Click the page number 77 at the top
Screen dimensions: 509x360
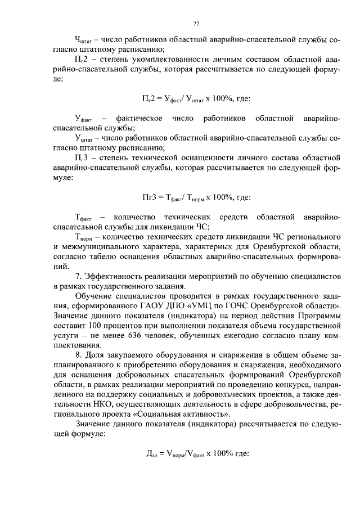[x=196, y=23]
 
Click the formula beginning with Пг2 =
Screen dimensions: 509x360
[x=196, y=99]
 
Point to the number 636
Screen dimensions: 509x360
[x=145, y=335]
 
